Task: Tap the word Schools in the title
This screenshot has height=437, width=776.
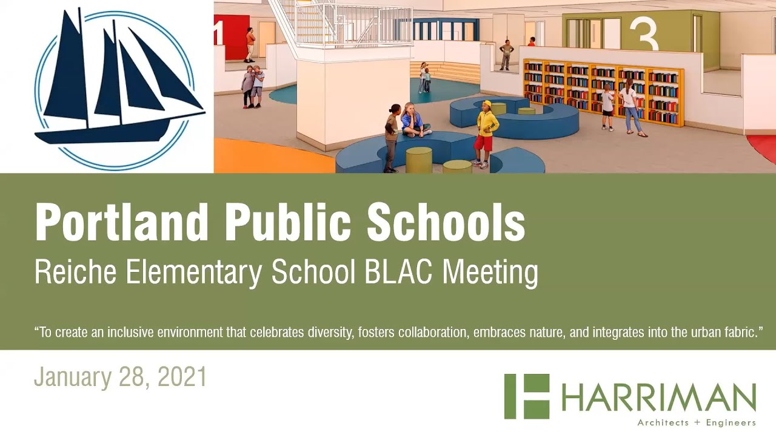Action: point(446,223)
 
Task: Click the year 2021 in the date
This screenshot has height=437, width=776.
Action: point(182,377)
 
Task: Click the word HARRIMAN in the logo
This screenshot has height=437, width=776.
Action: point(658,398)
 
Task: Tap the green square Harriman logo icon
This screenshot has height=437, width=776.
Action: point(526,396)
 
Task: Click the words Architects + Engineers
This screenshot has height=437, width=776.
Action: point(696,422)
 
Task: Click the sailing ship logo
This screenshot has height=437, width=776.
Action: point(118,85)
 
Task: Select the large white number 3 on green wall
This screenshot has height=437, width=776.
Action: point(643,35)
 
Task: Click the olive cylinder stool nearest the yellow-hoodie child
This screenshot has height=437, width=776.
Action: point(457,166)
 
